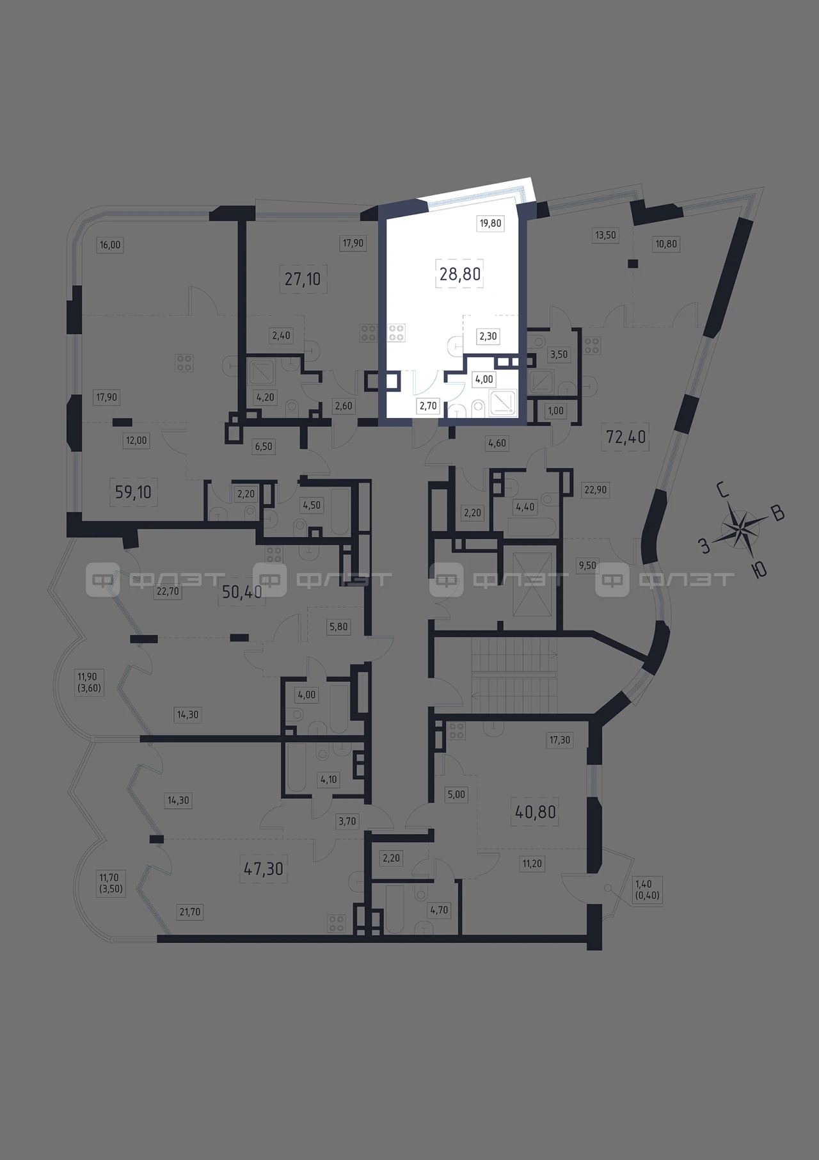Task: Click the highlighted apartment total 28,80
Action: [460, 274]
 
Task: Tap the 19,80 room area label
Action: [491, 223]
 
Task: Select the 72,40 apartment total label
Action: [626, 437]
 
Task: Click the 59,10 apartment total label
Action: [133, 492]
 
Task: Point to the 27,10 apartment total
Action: [303, 279]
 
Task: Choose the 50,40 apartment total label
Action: [242, 592]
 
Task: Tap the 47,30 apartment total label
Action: [264, 869]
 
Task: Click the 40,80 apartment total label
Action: [536, 812]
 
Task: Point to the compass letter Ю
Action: [759, 570]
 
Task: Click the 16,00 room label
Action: [110, 245]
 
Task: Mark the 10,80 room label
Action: [665, 244]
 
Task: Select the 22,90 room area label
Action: [595, 490]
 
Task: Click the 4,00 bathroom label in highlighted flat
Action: [484, 379]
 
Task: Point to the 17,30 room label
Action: [560, 740]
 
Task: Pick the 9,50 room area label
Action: [587, 565]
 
